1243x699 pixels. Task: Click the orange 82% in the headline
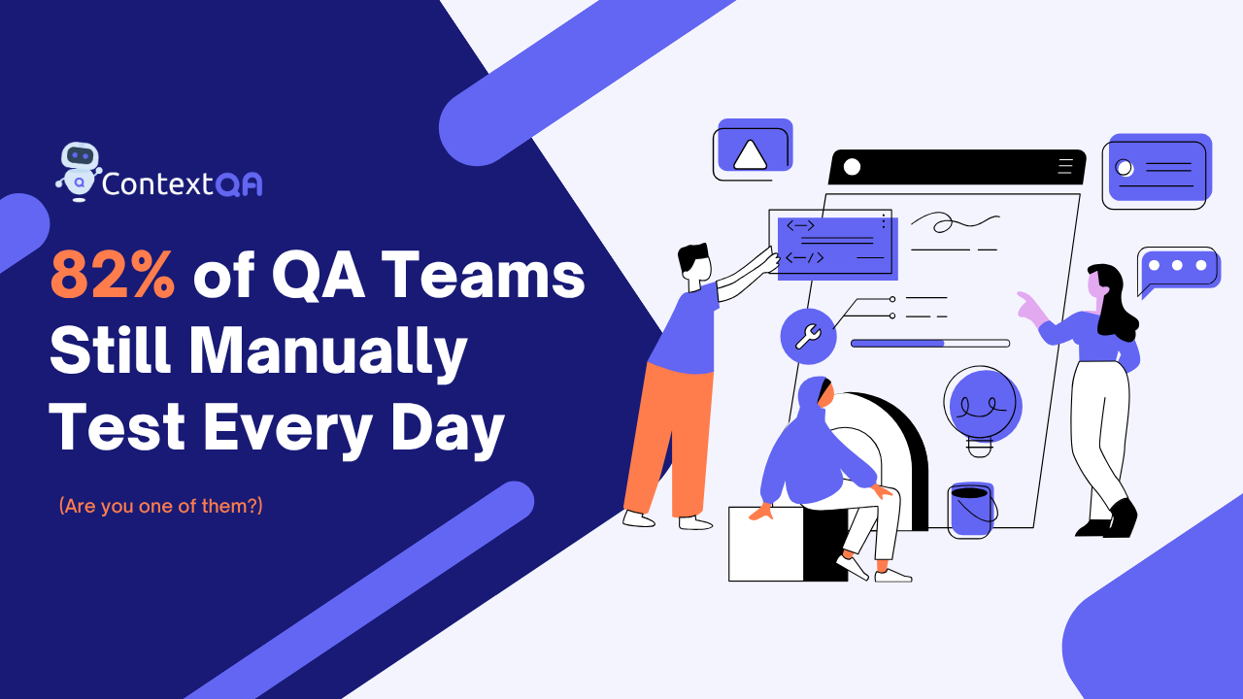[113, 276]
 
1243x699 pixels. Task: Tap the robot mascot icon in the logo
[79, 170]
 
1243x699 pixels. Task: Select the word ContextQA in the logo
[182, 183]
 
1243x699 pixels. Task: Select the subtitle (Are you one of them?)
[160, 506]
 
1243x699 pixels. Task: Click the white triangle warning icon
[750, 155]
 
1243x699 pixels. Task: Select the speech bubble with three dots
[1177, 267]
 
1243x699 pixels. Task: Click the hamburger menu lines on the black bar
[1065, 166]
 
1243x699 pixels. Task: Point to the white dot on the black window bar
[852, 166]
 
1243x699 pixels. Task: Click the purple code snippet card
[835, 246]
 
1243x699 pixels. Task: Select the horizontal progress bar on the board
[929, 343]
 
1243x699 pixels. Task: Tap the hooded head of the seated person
[814, 400]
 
